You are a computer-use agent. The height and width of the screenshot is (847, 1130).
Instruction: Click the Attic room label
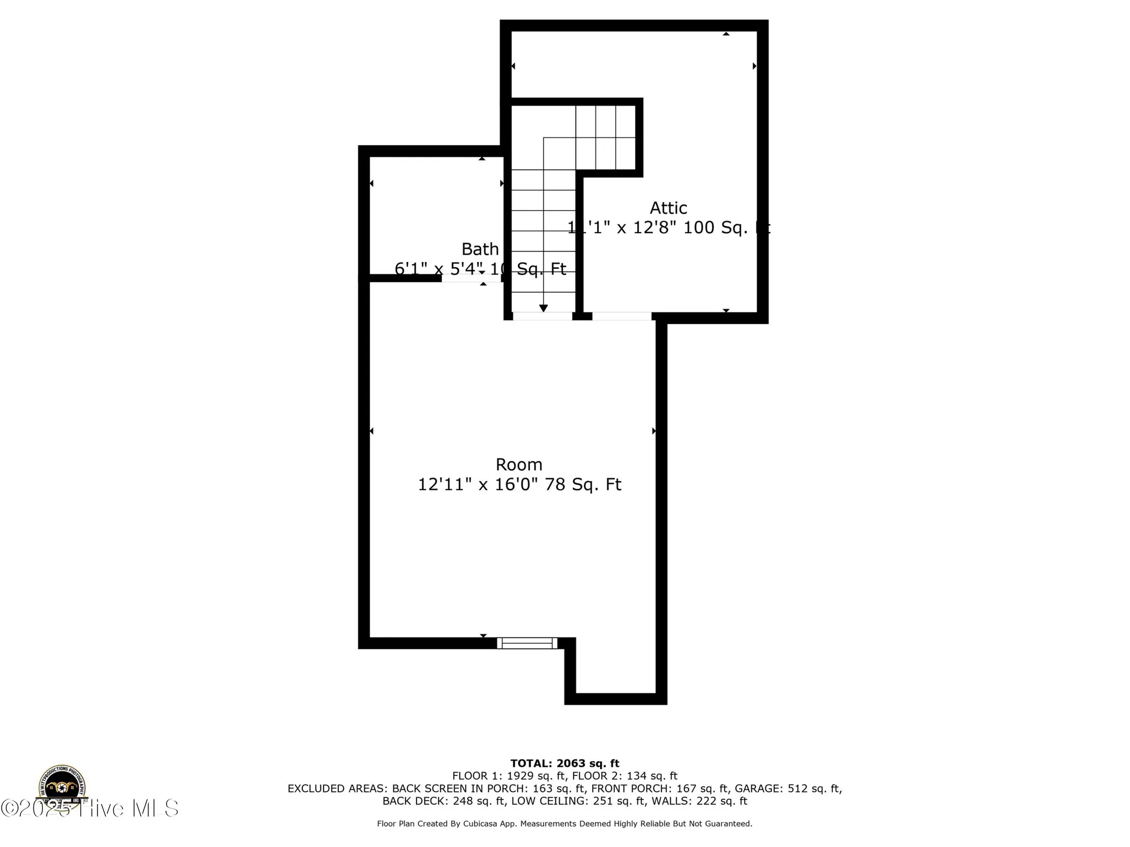click(668, 208)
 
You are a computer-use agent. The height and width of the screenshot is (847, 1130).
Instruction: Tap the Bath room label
click(480, 249)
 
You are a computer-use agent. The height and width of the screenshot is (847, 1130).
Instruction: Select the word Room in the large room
click(519, 465)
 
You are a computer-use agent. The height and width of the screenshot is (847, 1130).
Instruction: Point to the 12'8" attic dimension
click(654, 228)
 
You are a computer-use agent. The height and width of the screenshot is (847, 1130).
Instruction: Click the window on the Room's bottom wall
click(527, 643)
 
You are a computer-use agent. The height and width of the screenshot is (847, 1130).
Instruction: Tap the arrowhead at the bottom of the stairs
click(544, 308)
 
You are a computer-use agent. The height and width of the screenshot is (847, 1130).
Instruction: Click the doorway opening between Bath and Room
click(471, 278)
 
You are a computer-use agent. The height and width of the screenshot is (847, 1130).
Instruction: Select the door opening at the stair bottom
click(542, 316)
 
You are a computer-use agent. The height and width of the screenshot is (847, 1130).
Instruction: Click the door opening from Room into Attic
click(621, 316)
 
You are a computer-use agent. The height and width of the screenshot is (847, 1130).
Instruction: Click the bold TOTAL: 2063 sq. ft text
click(565, 764)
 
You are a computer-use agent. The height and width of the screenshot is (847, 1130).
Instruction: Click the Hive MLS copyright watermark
click(90, 809)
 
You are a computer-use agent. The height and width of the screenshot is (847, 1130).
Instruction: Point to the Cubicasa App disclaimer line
click(565, 824)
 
